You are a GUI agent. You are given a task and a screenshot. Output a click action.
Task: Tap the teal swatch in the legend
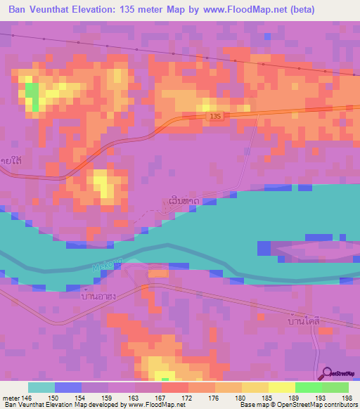coord(41,387)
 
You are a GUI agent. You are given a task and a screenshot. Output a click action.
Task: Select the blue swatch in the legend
coord(68,387)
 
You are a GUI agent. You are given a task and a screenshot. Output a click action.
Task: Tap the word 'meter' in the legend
coord(11,398)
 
